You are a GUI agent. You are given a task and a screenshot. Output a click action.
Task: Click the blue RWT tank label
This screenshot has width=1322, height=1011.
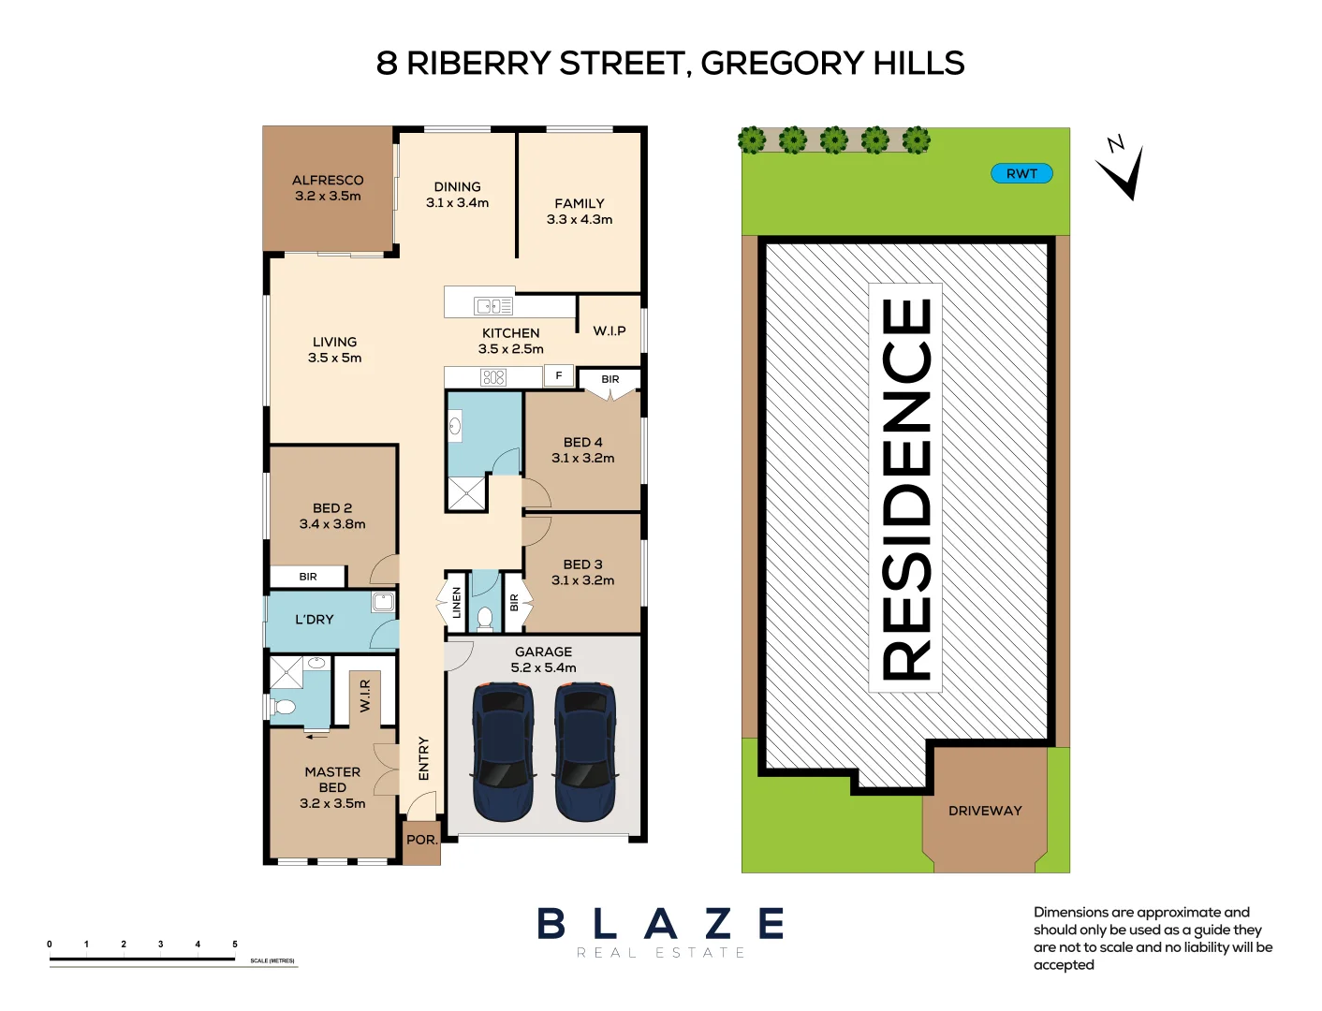(1021, 173)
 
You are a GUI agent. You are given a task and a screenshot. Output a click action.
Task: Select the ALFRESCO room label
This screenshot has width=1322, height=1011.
(328, 180)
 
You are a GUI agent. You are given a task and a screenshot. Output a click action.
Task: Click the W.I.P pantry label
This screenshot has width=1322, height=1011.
(610, 330)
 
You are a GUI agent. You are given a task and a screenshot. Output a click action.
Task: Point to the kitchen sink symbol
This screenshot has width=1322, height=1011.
(493, 305)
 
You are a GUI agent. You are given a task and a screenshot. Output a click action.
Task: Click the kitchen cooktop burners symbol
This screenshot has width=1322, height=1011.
(493, 377)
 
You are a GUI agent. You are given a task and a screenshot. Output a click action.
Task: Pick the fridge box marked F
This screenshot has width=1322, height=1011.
(559, 375)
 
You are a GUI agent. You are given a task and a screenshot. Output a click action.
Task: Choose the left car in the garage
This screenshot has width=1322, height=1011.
(504, 751)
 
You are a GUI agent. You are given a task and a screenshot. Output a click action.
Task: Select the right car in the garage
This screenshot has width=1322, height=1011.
(585, 751)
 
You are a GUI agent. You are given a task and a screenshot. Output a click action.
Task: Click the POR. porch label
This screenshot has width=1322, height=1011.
(422, 840)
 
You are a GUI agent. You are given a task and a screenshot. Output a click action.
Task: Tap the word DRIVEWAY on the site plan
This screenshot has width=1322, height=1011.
(985, 811)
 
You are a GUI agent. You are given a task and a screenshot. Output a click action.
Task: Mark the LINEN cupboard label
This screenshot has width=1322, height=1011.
(457, 602)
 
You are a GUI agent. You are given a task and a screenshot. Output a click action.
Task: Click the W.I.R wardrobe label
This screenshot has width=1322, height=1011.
(365, 696)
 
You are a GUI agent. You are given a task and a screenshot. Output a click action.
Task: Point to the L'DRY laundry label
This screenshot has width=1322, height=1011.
(315, 620)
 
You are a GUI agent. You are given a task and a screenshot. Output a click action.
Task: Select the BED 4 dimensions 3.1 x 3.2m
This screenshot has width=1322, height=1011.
(583, 458)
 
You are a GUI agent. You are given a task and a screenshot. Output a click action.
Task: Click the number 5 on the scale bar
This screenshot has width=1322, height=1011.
(235, 945)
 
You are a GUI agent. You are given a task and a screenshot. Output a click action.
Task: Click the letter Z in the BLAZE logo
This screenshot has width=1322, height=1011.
(718, 924)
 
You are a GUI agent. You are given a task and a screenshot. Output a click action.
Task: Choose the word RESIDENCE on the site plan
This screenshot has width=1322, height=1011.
(906, 489)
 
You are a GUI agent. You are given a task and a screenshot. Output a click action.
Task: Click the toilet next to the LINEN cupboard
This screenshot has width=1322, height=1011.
(485, 617)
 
